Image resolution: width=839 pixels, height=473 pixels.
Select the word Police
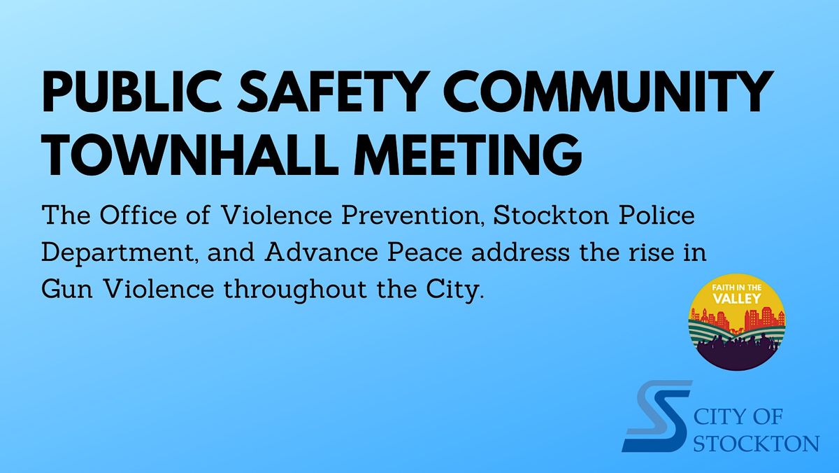(x=654, y=214)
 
